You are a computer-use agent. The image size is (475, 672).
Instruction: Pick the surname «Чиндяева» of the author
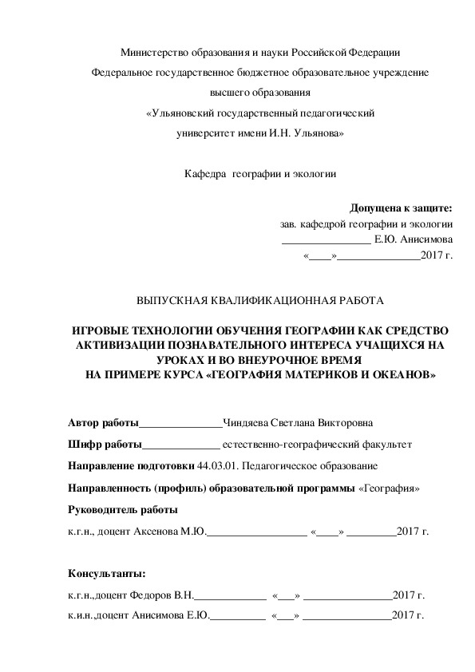(249, 423)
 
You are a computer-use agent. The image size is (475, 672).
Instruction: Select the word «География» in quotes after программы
(390, 488)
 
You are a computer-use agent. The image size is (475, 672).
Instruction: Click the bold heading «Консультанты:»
(107, 574)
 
